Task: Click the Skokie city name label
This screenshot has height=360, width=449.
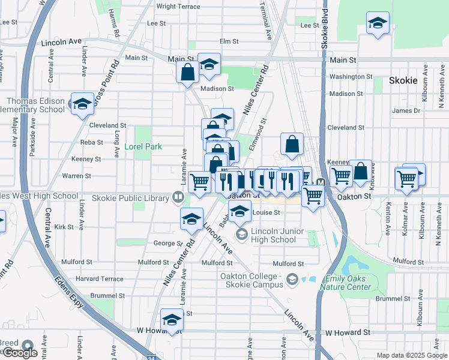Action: tap(403, 80)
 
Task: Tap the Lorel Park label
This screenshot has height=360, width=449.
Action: tap(143, 146)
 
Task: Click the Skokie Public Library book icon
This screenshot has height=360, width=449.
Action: tap(178, 196)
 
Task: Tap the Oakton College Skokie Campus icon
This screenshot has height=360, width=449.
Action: tap(292, 278)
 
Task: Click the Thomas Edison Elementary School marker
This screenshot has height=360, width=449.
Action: tap(82, 103)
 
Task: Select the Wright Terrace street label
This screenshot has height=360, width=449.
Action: tap(178, 7)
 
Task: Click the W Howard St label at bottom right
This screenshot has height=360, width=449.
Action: tap(348, 332)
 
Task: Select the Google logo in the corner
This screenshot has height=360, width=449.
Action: tap(20, 353)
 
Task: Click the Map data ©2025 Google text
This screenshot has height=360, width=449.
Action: tap(412, 355)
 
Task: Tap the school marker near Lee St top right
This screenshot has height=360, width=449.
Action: tap(377, 24)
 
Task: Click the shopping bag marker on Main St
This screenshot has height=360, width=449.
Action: tap(188, 72)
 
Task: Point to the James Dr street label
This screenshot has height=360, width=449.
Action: tap(407, 111)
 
